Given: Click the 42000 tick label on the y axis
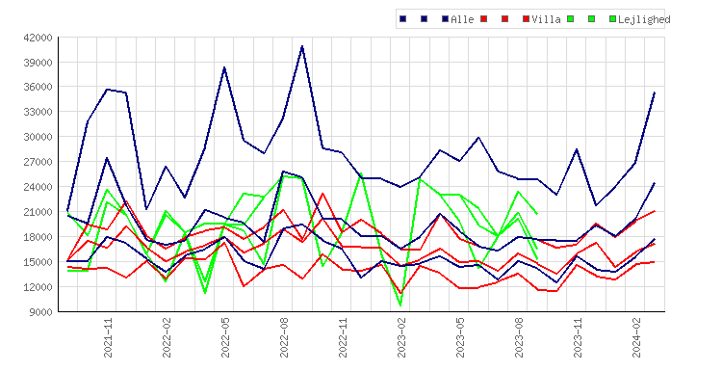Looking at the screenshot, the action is tap(38, 38).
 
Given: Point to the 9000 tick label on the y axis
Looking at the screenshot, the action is tap(40, 312).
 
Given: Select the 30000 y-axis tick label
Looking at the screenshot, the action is tap(38, 137).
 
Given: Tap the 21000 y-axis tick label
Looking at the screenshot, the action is tap(38, 212).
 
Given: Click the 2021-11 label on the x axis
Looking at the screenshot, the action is tap(108, 337).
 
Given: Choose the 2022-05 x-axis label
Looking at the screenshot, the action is tap(225, 337).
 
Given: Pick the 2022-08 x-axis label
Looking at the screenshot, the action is tap(284, 337).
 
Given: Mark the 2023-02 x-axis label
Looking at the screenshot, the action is tap(401, 337).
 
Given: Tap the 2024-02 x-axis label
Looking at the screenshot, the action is tap(636, 337).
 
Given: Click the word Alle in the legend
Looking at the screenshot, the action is tap(462, 19).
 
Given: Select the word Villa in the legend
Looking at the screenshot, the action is tap(546, 19).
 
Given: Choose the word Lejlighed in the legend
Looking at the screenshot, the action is tap(644, 19).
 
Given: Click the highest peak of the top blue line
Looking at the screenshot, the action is tap(302, 46).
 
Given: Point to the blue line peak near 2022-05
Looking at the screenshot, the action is tap(224, 67).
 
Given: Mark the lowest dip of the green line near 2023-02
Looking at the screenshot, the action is tap(400, 305).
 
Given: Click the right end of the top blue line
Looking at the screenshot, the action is tap(655, 93).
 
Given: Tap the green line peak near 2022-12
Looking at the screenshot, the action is tap(361, 173).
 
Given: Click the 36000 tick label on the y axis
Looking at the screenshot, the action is tap(38, 87).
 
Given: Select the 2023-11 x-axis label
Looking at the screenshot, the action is tap(578, 337).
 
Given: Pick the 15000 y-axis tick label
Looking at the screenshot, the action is tap(38, 262).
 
